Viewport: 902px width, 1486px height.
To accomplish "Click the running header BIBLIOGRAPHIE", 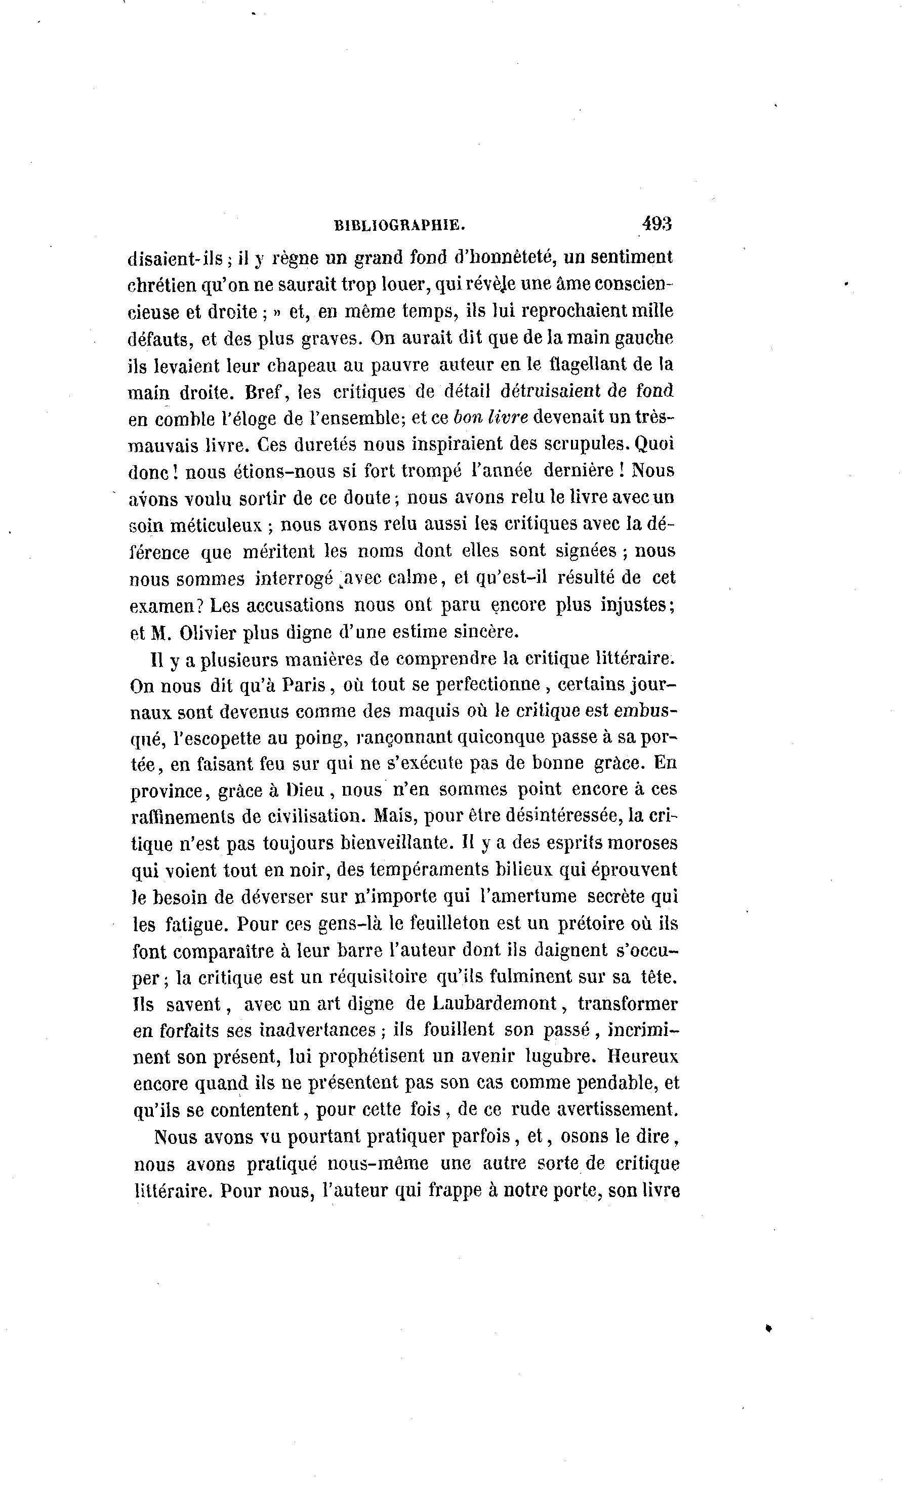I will click(400, 226).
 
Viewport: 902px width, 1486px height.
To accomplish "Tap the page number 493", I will click(657, 224).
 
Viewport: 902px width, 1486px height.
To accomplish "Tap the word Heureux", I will click(643, 1057).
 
